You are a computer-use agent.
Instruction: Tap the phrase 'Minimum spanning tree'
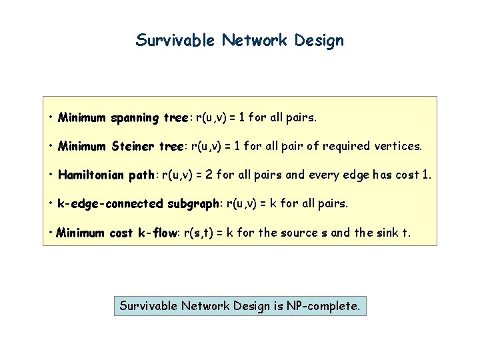click(123, 118)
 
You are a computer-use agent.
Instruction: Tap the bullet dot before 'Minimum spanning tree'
click(51, 117)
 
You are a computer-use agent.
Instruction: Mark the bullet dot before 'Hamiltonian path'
click(51, 175)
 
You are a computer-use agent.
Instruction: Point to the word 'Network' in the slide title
click(254, 41)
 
